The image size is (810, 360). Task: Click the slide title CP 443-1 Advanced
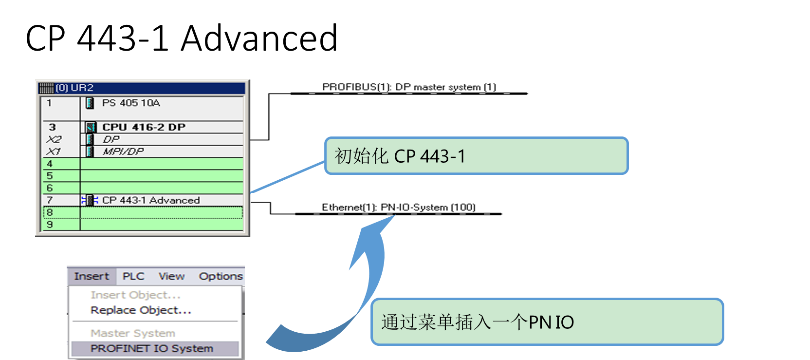pyautogui.click(x=182, y=38)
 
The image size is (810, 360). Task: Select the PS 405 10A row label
pyautogui.click(x=130, y=103)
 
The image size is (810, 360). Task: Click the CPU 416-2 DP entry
pyautogui.click(x=144, y=127)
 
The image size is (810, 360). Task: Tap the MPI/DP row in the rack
pyautogui.click(x=123, y=152)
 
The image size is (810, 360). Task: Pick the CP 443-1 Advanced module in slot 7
pyautogui.click(x=150, y=200)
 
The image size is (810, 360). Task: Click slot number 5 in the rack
pyautogui.click(x=50, y=176)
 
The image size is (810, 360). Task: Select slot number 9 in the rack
pyautogui.click(x=50, y=225)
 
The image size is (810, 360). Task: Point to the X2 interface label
pyautogui.click(x=54, y=139)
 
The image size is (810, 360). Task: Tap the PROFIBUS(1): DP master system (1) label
pyautogui.click(x=409, y=87)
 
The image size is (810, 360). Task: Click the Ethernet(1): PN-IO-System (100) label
pyautogui.click(x=398, y=207)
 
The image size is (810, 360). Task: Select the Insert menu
pyautogui.click(x=92, y=276)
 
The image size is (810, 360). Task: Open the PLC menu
pyautogui.click(x=133, y=276)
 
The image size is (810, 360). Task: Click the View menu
pyautogui.click(x=171, y=276)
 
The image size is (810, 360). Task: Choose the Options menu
pyautogui.click(x=221, y=276)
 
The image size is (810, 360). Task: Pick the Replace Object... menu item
pyautogui.click(x=141, y=310)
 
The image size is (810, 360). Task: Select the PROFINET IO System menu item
pyautogui.click(x=152, y=348)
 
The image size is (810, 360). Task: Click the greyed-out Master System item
pyautogui.click(x=133, y=333)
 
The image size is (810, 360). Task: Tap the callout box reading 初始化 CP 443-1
pyautogui.click(x=476, y=156)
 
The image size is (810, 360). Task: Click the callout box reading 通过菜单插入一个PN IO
pyautogui.click(x=547, y=322)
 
